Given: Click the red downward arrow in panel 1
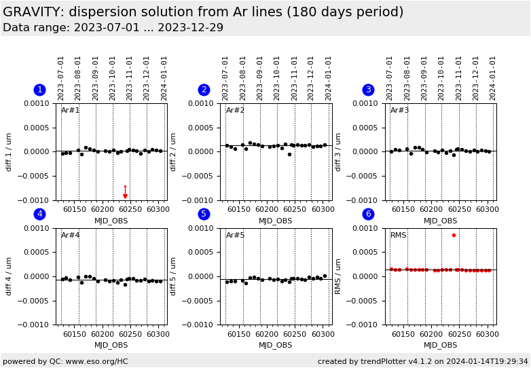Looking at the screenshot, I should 125,193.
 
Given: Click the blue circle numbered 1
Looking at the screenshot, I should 39,90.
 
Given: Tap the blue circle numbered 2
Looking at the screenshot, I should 204,90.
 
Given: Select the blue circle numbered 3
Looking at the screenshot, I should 368,90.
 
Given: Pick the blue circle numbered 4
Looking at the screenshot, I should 39,214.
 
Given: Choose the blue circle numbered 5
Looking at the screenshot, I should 204,214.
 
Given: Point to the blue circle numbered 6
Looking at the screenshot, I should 368,214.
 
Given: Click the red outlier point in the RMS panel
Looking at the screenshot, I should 454,235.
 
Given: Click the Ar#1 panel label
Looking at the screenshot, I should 71,111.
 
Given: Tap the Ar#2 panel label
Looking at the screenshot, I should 235,111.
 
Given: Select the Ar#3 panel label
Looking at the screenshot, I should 400,111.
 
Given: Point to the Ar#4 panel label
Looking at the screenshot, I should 71,236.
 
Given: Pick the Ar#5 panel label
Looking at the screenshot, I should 235,236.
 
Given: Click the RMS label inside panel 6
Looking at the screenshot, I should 399,236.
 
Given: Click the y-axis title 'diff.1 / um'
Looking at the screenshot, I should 10,151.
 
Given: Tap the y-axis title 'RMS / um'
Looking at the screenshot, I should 338,276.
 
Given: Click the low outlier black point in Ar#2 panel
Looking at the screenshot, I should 289,154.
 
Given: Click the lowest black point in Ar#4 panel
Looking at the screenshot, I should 125,284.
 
